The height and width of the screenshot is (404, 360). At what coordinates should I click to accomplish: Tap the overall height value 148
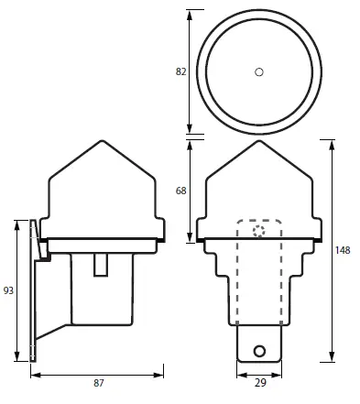click(x=344, y=250)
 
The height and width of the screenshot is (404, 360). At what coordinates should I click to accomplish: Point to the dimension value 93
click(x=8, y=290)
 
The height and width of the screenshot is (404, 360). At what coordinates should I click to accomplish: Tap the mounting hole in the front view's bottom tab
click(x=261, y=350)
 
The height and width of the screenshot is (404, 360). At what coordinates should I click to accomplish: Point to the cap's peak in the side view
click(x=99, y=141)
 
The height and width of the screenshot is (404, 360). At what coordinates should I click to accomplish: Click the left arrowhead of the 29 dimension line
click(x=240, y=374)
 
